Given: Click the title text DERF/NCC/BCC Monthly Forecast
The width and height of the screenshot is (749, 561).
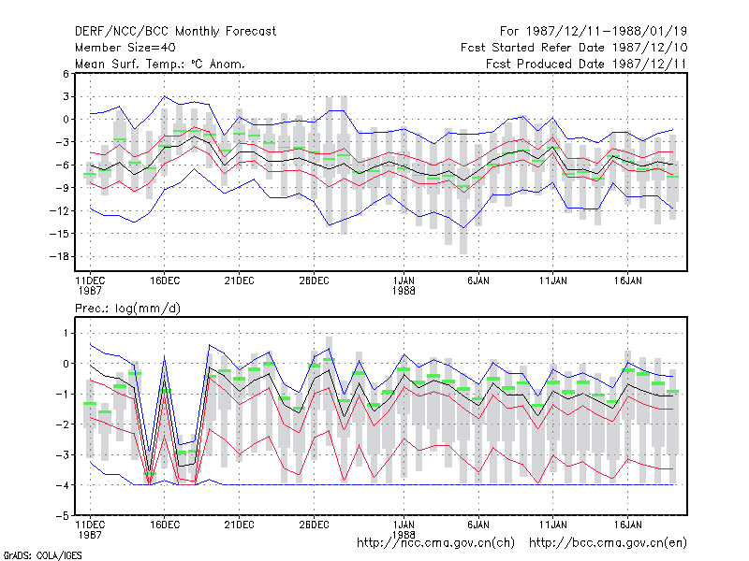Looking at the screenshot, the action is coord(175,32).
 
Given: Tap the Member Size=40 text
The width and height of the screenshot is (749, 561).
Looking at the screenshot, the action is coord(125,48).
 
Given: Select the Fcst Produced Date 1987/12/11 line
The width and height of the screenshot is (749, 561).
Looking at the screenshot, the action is coord(586,64).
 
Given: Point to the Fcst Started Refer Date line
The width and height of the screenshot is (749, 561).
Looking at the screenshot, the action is coord(574,48).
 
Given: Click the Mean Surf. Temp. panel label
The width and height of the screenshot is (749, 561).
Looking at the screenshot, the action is coord(160,64).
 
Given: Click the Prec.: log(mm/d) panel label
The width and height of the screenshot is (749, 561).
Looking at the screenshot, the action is coord(127,309).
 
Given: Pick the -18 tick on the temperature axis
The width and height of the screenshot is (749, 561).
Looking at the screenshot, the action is coord(59,256).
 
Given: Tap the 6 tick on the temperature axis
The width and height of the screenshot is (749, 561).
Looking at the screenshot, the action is coord(66,74).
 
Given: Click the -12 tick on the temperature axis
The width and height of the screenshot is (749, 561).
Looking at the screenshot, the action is coord(59,211).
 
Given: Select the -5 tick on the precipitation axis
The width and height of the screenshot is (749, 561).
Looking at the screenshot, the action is coord(63,516).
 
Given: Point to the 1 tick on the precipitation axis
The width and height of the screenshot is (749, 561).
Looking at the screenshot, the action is coord(66,333).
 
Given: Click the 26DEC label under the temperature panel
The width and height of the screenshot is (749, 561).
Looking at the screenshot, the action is coord(314,280).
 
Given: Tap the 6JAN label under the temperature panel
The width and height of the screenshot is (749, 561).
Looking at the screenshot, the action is coord(478,280).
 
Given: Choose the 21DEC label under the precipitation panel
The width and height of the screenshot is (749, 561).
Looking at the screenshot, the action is coord(239,525).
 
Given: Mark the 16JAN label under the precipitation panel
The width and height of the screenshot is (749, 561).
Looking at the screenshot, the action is coord(627,525).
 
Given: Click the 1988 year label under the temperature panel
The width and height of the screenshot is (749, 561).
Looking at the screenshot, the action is coord(404,291).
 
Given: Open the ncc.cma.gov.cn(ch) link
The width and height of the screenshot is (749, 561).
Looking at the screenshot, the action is coord(435,543).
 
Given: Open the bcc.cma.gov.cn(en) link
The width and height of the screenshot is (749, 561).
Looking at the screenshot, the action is coord(608,543).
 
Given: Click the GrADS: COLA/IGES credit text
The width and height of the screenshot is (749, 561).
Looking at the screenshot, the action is coord(42,555).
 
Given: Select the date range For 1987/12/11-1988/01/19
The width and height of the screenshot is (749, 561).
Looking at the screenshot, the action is coord(594,32).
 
